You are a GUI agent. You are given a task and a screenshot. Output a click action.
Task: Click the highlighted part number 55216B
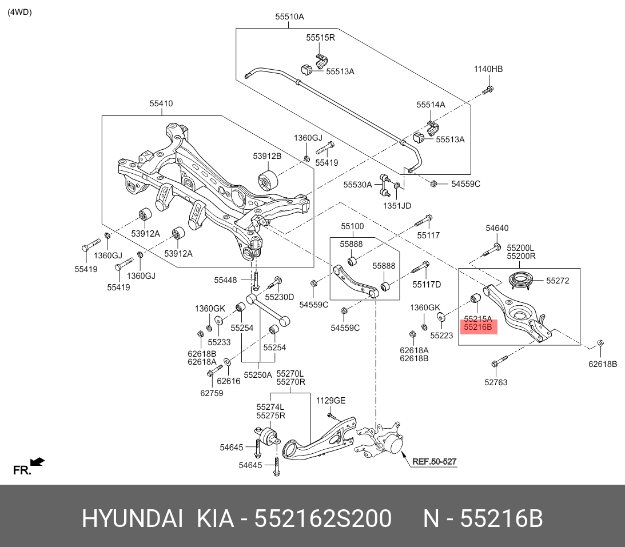(x=478, y=328)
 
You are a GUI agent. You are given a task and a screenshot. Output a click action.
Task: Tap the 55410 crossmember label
(x=161, y=103)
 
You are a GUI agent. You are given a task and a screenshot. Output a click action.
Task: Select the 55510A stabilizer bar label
(x=289, y=17)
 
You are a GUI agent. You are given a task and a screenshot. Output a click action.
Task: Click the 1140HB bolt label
(x=488, y=69)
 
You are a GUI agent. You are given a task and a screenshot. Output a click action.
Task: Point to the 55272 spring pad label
(x=558, y=281)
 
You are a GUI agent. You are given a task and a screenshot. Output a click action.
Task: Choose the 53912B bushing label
(x=267, y=156)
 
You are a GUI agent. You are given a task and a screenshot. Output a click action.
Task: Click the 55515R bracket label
(x=320, y=38)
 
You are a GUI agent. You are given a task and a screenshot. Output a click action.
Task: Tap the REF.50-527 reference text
(x=435, y=461)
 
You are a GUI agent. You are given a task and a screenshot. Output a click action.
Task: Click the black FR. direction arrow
(x=38, y=462)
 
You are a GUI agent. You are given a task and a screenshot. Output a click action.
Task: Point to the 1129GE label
(x=331, y=401)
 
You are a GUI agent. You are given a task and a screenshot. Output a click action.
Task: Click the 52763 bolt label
(x=495, y=382)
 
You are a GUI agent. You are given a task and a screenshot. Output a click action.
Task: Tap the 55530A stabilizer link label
(x=357, y=185)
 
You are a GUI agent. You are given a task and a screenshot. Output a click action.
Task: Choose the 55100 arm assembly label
(x=352, y=226)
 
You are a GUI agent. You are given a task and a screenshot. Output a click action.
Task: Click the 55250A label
(x=258, y=375)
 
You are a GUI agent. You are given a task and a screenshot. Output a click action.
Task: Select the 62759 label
(x=212, y=393)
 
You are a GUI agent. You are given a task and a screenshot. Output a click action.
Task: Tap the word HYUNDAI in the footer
(x=132, y=519)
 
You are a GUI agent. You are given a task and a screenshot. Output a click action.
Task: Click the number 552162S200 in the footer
(x=323, y=519)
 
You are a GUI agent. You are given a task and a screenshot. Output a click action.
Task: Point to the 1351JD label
(x=396, y=206)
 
